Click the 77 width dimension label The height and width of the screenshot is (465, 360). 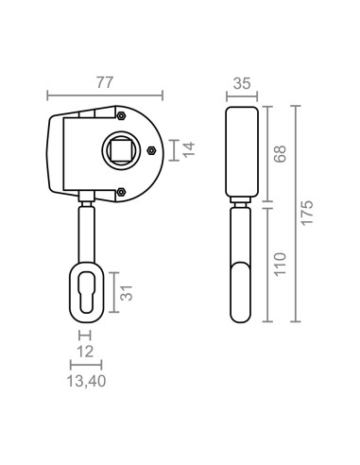pyautogui.click(x=105, y=82)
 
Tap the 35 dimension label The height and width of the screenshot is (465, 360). pyautogui.click(x=242, y=83)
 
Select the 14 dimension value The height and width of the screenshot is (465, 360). pyautogui.click(x=189, y=149)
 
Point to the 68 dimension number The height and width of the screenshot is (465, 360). pyautogui.click(x=280, y=154)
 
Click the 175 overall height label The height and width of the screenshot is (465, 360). pyautogui.click(x=307, y=213)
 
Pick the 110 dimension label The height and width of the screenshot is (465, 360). pyautogui.click(x=280, y=264)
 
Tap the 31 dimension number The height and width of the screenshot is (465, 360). pyautogui.click(x=127, y=293)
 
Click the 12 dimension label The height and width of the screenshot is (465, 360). pyautogui.click(x=85, y=352)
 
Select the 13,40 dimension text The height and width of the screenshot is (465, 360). pyautogui.click(x=86, y=381)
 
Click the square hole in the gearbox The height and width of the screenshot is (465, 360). pyautogui.click(x=121, y=150)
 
